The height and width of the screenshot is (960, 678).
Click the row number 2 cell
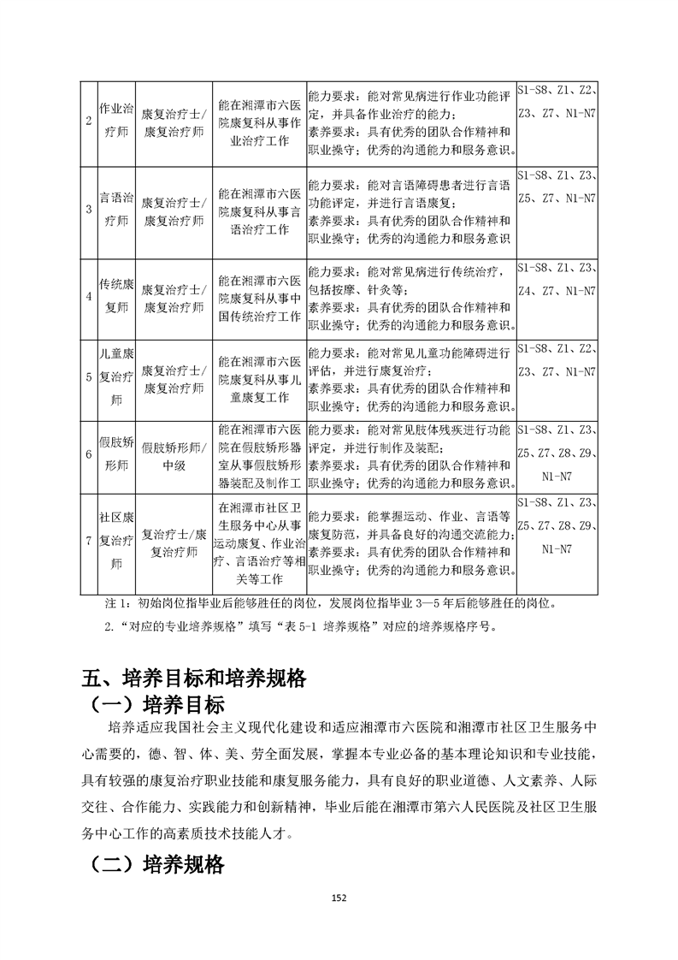[89, 121]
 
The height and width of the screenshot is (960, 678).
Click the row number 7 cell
[89, 542]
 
